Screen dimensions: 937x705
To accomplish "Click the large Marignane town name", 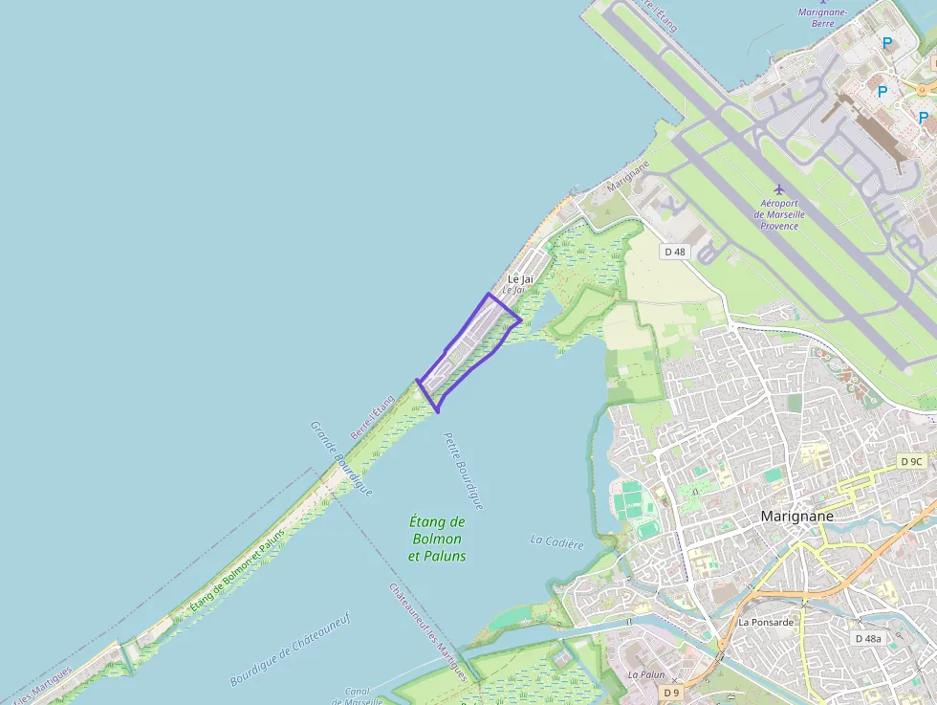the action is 796,517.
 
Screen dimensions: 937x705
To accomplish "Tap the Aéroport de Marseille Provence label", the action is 779,214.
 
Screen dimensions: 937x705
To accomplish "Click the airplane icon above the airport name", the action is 778,188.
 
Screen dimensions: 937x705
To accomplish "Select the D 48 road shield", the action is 674,252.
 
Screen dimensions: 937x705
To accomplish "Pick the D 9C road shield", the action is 911,462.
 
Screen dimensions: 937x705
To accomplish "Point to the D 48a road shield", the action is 869,638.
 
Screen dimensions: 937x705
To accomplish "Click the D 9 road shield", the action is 673,693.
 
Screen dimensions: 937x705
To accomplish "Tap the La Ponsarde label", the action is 766,623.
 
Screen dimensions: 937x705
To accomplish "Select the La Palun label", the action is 645,674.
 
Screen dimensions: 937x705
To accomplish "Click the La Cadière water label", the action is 556,542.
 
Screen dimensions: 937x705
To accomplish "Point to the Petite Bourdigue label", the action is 463,471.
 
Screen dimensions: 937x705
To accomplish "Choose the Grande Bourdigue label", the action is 340,458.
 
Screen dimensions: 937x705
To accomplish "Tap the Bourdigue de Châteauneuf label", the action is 290,650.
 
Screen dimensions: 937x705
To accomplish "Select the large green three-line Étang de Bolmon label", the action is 437,539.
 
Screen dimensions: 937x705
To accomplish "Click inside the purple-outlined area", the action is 468,349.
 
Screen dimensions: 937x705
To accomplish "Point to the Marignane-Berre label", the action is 822,17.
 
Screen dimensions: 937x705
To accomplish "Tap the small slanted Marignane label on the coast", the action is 627,176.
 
